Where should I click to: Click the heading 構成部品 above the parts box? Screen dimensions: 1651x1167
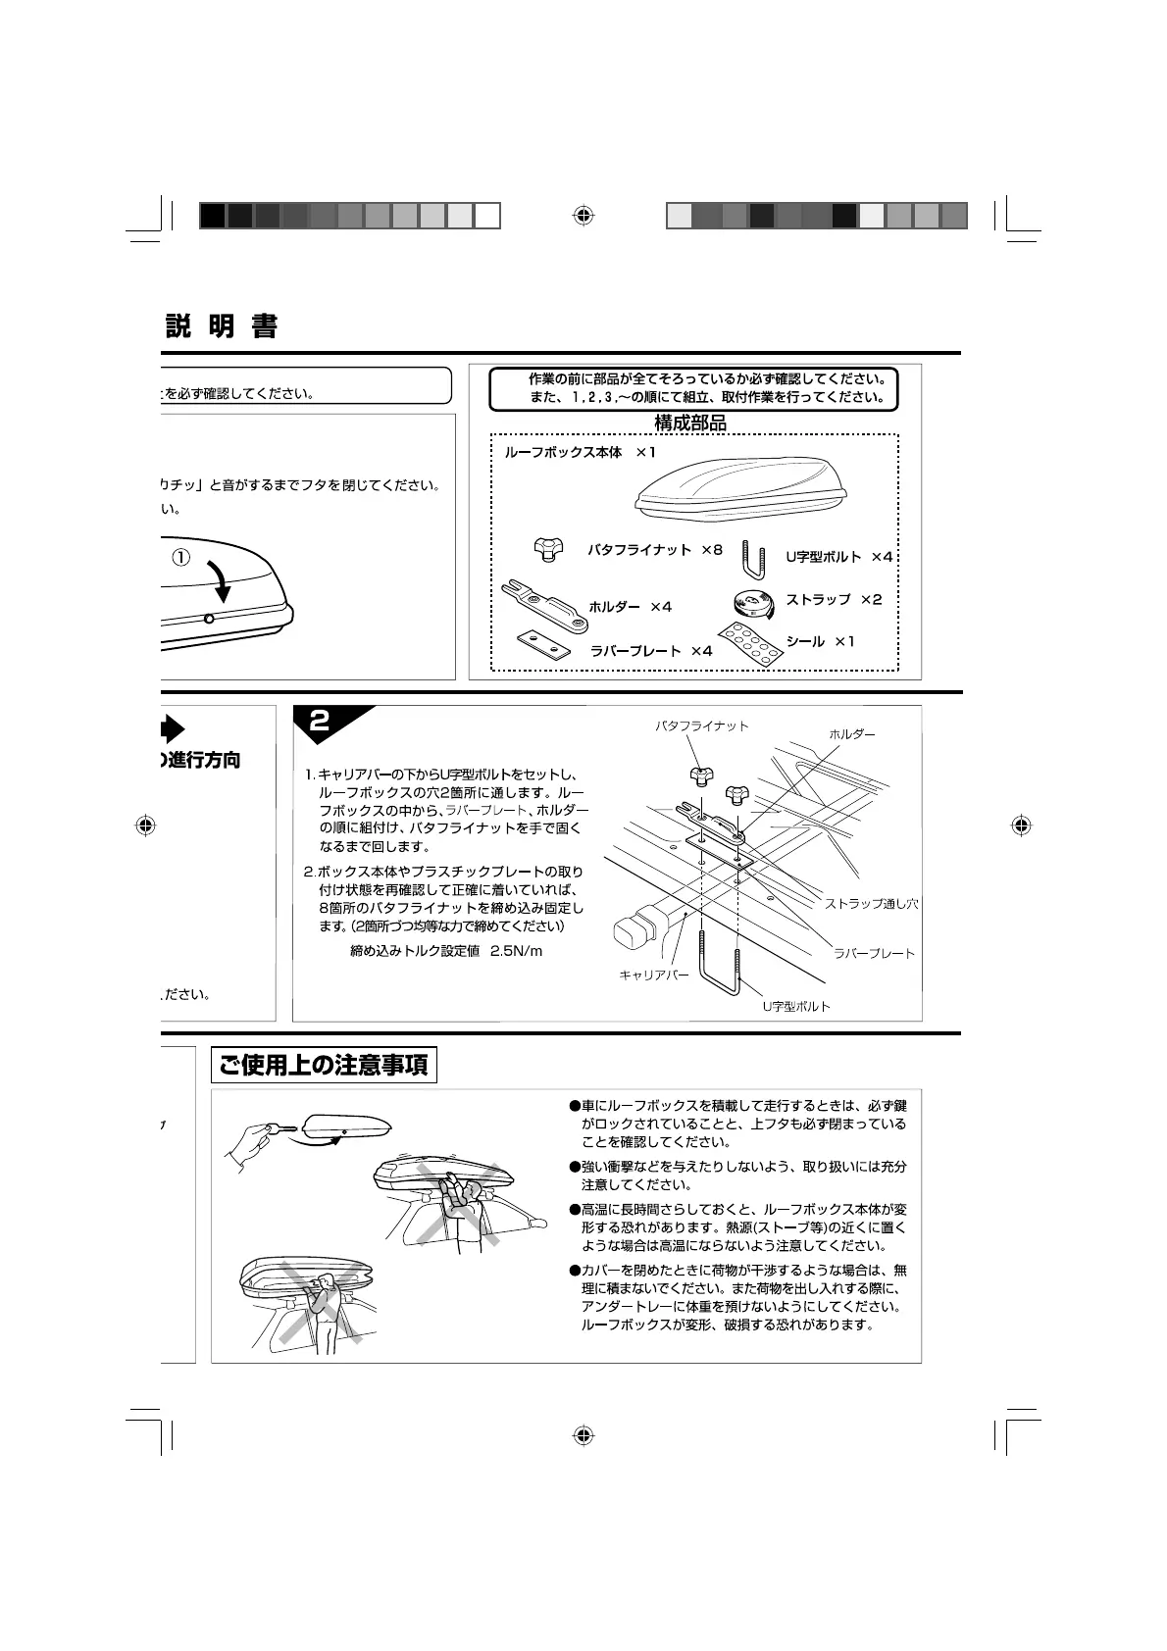point(690,424)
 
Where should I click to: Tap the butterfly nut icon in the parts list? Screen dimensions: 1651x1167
point(550,550)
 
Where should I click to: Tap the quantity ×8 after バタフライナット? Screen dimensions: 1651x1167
point(711,551)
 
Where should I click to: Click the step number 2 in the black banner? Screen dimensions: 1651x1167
point(320,722)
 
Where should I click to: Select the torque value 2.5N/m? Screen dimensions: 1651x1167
point(516,951)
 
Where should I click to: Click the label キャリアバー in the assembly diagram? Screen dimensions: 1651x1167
point(653,976)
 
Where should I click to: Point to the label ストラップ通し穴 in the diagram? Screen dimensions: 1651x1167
point(871,904)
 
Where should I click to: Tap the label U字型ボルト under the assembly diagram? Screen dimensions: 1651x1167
point(796,1007)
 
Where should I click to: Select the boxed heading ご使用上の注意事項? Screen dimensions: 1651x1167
point(324,1066)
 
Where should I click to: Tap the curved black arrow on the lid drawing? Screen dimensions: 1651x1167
point(224,580)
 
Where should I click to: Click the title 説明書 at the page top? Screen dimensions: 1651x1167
point(222,326)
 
